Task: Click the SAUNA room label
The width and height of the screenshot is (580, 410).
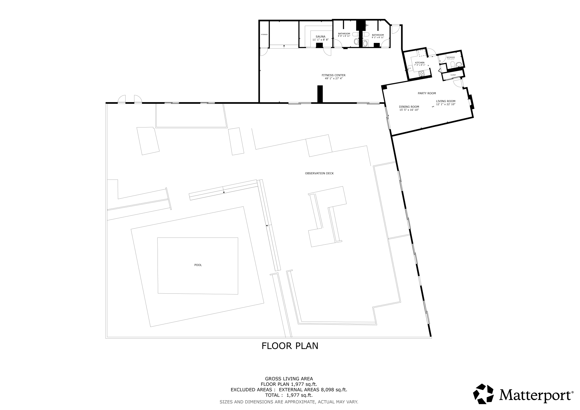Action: click(x=320, y=37)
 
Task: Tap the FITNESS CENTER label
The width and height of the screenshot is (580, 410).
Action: click(x=333, y=75)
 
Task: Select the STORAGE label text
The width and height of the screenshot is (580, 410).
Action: click(x=264, y=35)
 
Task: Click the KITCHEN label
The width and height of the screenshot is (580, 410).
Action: click(x=420, y=63)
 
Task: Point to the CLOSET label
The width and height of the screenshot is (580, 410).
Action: click(x=453, y=75)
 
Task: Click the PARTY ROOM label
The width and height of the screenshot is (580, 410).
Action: click(x=427, y=93)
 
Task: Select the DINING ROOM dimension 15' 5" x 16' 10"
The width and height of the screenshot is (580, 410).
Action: click(x=409, y=110)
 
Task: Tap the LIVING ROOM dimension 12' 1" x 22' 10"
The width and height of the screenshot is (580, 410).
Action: click(x=446, y=104)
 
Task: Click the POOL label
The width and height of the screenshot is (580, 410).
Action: click(x=198, y=265)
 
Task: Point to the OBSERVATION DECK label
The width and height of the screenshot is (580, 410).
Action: click(x=319, y=173)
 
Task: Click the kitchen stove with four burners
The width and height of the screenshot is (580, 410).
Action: click(x=421, y=73)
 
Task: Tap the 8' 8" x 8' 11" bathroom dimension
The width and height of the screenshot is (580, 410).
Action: click(x=344, y=36)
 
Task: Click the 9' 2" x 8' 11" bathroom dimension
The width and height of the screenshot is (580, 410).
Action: click(x=378, y=37)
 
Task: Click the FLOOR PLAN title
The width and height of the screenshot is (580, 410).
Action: click(x=290, y=346)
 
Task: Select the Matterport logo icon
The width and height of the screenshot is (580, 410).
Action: click(x=483, y=394)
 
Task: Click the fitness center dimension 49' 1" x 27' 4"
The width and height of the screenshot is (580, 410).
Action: click(x=333, y=79)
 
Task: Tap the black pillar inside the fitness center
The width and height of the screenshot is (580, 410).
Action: click(x=320, y=94)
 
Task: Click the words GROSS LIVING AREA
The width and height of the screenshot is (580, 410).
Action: click(x=289, y=379)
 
